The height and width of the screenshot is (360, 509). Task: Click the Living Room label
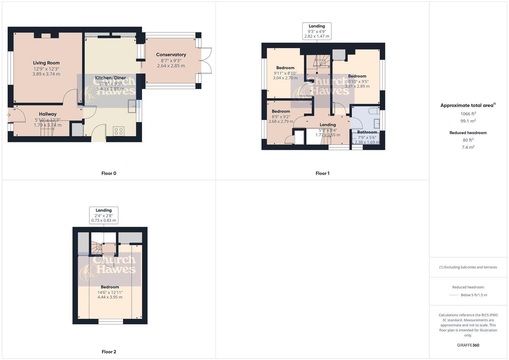pyautogui.click(x=46, y=63)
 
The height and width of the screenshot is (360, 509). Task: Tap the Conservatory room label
pyautogui.click(x=171, y=55)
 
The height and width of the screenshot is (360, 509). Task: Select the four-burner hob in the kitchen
pyautogui.click(x=118, y=131)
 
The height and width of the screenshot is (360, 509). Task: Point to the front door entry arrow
pyautogui.click(x=9, y=115)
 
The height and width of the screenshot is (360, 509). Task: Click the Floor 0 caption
pyautogui.click(x=109, y=173)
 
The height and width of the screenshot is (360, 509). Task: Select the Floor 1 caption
pyautogui.click(x=322, y=173)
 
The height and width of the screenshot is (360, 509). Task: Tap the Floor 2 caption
pyautogui.click(x=109, y=352)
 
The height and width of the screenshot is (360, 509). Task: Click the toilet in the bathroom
pyautogui.click(x=374, y=110)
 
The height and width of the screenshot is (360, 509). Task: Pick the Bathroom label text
pyautogui.click(x=367, y=132)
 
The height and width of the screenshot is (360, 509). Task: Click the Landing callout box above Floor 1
pyautogui.click(x=317, y=31)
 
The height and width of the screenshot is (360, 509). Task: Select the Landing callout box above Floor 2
pyautogui.click(x=104, y=215)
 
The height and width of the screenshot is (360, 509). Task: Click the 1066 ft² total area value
pyautogui.click(x=468, y=114)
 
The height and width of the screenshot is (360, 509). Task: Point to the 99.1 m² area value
pyautogui.click(x=468, y=121)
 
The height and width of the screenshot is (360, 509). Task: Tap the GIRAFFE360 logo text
pyautogui.click(x=468, y=345)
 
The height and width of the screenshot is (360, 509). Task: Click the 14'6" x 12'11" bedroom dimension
pyautogui.click(x=110, y=292)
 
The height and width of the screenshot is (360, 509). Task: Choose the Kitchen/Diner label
pyautogui.click(x=110, y=78)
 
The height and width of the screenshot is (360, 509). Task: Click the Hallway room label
pyautogui.click(x=48, y=114)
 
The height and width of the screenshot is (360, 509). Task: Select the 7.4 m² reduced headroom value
pyautogui.click(x=468, y=147)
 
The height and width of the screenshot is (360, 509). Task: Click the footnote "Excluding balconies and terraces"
pyautogui.click(x=468, y=267)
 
